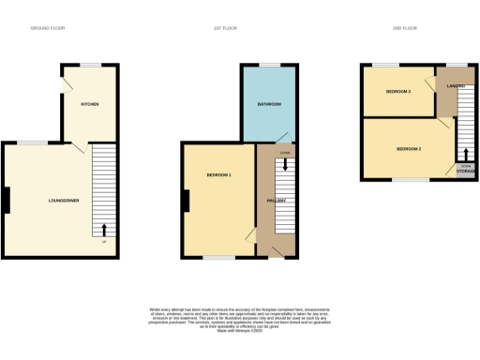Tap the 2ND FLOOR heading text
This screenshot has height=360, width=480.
pos(404,29)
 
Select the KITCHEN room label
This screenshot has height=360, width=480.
pos(90,103)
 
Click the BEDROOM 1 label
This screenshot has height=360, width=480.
pos(217,175)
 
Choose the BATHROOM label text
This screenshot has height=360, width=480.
pos(269,103)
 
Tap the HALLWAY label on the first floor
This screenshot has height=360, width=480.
pos(276,201)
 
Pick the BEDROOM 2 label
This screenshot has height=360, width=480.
pos(409,149)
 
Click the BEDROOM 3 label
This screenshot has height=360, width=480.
pos(398,91)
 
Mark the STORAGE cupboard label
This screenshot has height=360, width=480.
pos(465,172)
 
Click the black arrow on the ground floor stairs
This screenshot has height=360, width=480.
pos(103,228)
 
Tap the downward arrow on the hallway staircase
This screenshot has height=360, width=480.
pos(285,165)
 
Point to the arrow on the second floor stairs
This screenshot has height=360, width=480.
pos(465,154)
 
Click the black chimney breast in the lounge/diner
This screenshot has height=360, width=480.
pos(6,200)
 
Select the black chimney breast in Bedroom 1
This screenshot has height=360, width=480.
pos(187,201)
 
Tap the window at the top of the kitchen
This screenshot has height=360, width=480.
pos(90,65)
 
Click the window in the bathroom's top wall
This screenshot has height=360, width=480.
pos(269,65)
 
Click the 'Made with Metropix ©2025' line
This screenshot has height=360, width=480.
pos(240,331)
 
